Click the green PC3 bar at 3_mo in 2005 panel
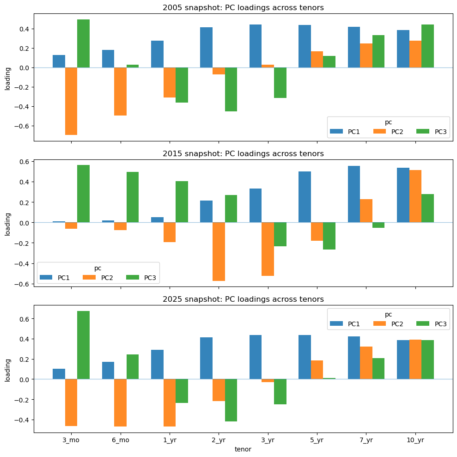pyautogui.click(x=83, y=43)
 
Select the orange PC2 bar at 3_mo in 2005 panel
pyautogui.click(x=71, y=101)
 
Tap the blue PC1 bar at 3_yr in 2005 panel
pyautogui.click(x=256, y=46)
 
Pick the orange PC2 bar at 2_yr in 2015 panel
pyautogui.click(x=219, y=252)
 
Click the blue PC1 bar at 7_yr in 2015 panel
pyautogui.click(x=353, y=194)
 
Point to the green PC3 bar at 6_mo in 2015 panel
pyautogui.click(x=133, y=197)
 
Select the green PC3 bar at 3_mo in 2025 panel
pyautogui.click(x=83, y=345)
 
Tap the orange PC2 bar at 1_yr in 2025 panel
pyautogui.click(x=170, y=402)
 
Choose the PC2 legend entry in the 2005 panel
pyautogui.click(x=392, y=132)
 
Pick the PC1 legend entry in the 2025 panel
pyautogui.click(x=347, y=324)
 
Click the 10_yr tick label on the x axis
pyautogui.click(x=415, y=440)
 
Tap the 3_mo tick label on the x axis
pyautogui.click(x=71, y=440)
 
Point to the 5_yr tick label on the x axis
pyautogui.click(x=317, y=440)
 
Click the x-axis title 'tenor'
pyautogui.click(x=243, y=449)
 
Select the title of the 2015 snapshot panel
pyautogui.click(x=243, y=153)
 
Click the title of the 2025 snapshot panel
pyautogui.click(x=243, y=299)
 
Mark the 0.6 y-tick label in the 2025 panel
pyautogui.click(x=24, y=319)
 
